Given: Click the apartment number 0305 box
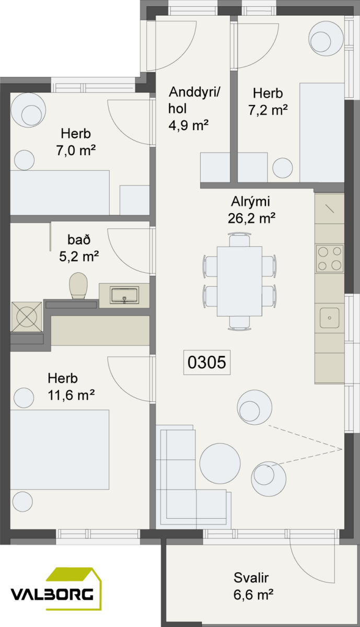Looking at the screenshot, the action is coord(207,362).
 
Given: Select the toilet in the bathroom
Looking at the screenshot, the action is coord(78,286).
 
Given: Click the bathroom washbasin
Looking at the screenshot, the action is coord(124,295).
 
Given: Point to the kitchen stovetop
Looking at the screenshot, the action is coord(330,258).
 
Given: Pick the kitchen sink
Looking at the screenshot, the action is coord(330,318).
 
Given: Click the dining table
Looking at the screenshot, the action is coord(240,281).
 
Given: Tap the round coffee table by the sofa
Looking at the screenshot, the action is coord(220,463).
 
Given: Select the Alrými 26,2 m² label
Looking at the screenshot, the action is coord(251,210).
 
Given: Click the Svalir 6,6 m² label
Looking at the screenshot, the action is coord(253,586).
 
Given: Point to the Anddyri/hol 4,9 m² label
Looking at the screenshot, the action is coord(194,109).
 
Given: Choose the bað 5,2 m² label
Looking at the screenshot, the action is coord(79,248).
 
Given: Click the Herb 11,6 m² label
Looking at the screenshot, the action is coord(71,387).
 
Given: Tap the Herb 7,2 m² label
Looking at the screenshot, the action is coord(268,101).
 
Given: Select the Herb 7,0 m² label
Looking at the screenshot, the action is coord(76,142).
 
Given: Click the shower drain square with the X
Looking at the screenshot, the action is coord(27,317).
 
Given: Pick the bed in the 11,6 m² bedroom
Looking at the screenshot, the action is coord(60,449).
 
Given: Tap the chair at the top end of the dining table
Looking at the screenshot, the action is coord(239,240).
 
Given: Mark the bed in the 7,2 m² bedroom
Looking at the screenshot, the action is coord(322,132).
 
